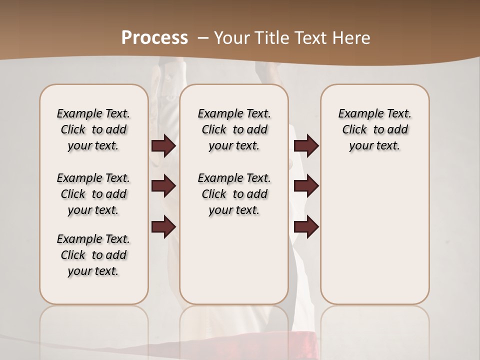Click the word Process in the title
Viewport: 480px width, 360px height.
pos(154,38)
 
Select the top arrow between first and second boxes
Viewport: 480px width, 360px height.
pos(163,146)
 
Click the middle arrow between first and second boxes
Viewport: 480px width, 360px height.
pos(163,186)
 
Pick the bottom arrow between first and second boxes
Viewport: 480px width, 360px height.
pos(163,226)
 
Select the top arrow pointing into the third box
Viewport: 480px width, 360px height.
pos(306,146)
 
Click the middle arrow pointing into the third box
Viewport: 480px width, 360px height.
pos(306,186)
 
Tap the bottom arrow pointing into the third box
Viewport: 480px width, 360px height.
pos(306,226)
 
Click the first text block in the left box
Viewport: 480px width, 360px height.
pos(93,129)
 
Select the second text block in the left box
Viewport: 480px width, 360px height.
pos(93,194)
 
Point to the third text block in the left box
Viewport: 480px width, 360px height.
pos(93,255)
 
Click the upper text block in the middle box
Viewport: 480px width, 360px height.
pos(234,129)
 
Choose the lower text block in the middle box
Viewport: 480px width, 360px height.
pos(234,194)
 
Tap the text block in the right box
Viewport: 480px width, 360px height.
pos(374,129)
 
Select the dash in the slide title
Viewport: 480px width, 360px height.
pos(203,38)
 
